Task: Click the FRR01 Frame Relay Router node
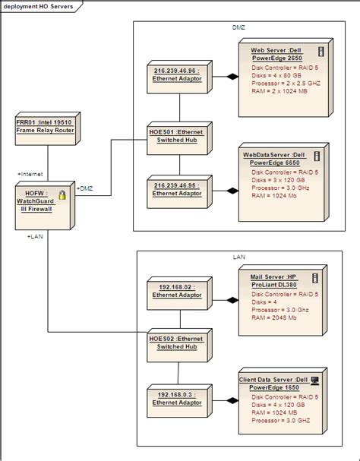[x=48, y=128]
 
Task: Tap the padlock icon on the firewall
[x=62, y=195]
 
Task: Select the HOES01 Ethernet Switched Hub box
[x=179, y=138]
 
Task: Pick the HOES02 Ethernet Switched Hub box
[x=179, y=345]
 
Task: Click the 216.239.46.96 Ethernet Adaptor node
[x=179, y=77]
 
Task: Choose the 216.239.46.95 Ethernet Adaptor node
[x=179, y=191]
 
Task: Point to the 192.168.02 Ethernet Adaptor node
[x=179, y=293]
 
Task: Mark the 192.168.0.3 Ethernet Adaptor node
[x=179, y=400]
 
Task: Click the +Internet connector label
[x=30, y=174]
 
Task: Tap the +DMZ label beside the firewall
[x=85, y=188]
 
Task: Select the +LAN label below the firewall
[x=35, y=236]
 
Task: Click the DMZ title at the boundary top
[x=238, y=27]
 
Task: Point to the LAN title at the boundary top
[x=238, y=257]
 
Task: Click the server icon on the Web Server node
[x=321, y=52]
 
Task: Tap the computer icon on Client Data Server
[x=314, y=380]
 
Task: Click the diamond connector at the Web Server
[x=232, y=77]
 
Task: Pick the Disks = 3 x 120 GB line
[x=278, y=180]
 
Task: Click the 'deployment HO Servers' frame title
[x=38, y=6]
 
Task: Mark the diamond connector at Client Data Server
[x=232, y=400]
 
